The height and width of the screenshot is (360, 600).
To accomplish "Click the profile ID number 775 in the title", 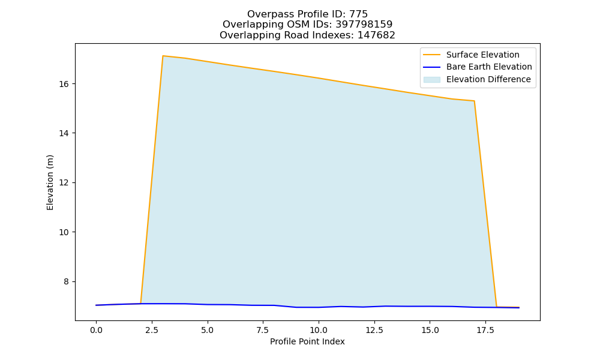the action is [358, 14].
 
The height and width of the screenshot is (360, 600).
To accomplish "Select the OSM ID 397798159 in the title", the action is [364, 25].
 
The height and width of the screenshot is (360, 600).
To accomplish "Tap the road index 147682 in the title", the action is [376, 35].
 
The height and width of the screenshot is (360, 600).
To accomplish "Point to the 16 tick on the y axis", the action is [64, 84].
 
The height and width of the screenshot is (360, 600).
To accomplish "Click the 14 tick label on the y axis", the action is [64, 133].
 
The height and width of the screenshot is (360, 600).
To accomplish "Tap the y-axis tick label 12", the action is [64, 183].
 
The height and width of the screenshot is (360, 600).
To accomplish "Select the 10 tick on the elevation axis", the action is [64, 232].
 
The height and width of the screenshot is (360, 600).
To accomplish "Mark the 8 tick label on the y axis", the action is [66, 281].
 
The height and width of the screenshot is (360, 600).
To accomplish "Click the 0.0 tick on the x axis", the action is [96, 330].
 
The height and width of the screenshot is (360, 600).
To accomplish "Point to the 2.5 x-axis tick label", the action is [152, 330].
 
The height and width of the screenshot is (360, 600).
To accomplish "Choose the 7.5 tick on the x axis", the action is [263, 330].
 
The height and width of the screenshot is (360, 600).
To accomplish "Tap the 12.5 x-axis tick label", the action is [374, 330].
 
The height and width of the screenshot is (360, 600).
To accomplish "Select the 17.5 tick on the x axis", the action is [485, 330].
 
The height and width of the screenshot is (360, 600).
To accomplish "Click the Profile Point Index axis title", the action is [307, 341].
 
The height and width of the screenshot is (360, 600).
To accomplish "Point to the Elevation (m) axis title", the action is [50, 182].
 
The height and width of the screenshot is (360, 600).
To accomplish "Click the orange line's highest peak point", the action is [163, 56].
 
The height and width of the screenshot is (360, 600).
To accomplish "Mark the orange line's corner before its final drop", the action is [475, 101].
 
